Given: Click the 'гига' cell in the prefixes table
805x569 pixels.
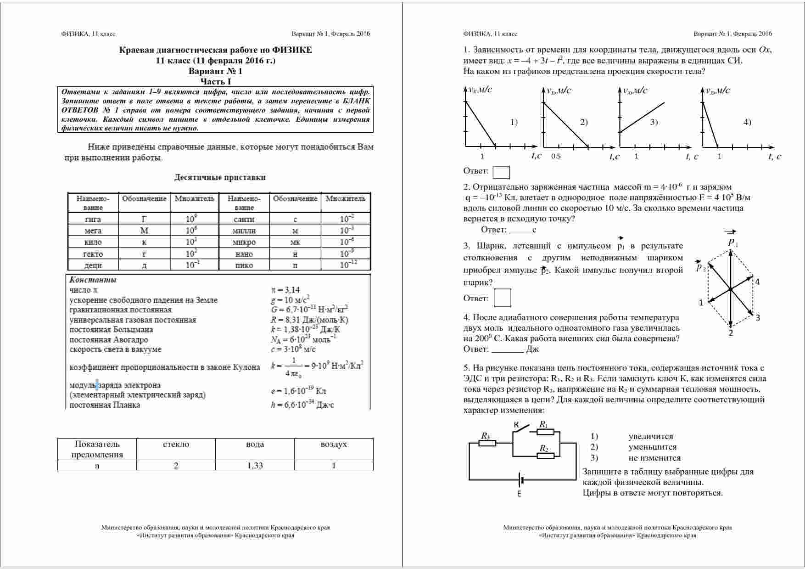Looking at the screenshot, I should pyautogui.click(x=93, y=219).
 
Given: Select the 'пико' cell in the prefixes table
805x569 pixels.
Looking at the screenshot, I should pyautogui.click(x=244, y=265).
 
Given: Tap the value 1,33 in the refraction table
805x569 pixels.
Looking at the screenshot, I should pyautogui.click(x=255, y=465).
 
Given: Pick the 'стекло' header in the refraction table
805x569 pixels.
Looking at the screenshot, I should pyautogui.click(x=176, y=444).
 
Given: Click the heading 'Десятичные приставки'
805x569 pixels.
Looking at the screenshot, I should pyautogui.click(x=220, y=177).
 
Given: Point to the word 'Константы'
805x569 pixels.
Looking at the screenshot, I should pyautogui.click(x=93, y=280).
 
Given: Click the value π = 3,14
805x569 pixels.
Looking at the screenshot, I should pyautogui.click(x=285, y=290).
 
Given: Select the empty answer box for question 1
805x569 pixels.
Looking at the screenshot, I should pyautogui.click(x=501, y=172).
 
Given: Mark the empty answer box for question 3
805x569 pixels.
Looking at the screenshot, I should pyautogui.click(x=502, y=298).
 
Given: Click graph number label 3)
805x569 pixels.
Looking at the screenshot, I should pyautogui.click(x=654, y=122).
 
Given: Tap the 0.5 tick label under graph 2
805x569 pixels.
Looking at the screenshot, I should pyautogui.click(x=556, y=156).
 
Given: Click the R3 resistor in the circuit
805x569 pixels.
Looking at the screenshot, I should pyautogui.click(x=487, y=443).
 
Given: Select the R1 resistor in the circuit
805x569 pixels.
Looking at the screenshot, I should pyautogui.click(x=545, y=432).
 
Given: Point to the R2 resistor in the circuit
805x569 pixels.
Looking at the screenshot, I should pyautogui.click(x=545, y=455).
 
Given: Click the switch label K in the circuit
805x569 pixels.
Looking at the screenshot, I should pyautogui.click(x=516, y=426).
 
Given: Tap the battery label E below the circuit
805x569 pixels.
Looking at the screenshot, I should pyautogui.click(x=519, y=494).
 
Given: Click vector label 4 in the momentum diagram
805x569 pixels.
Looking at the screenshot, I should pyautogui.click(x=757, y=282).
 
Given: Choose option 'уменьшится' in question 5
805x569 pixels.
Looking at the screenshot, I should pyautogui.click(x=653, y=447).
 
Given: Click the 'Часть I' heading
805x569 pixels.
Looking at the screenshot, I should pyautogui.click(x=216, y=81).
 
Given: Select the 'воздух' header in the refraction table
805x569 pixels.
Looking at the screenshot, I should pyautogui.click(x=334, y=444).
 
